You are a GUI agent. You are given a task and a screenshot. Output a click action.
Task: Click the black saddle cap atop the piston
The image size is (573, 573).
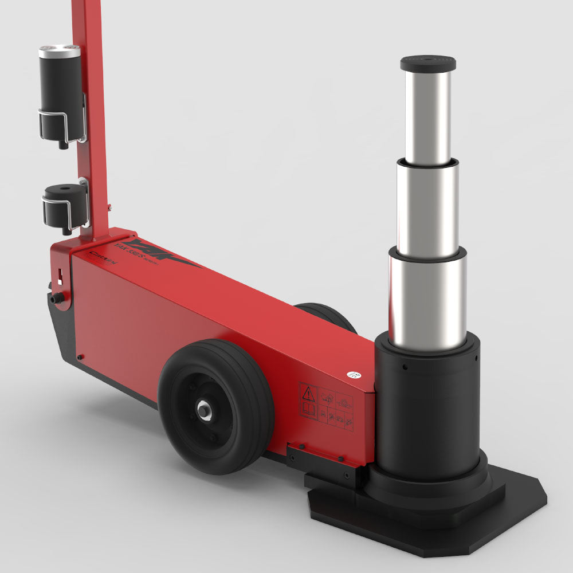pyautogui.click(x=428, y=63)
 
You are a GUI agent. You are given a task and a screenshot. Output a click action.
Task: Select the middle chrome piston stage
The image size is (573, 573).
pyautogui.click(x=428, y=209)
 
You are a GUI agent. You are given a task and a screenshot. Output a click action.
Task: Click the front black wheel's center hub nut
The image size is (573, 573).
pyautogui.click(x=205, y=409)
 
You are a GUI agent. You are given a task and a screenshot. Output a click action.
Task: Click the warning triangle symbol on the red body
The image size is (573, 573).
pyautogui.click(x=309, y=394)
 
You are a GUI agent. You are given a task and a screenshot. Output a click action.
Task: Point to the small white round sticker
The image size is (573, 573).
pyautogui.click(x=353, y=375)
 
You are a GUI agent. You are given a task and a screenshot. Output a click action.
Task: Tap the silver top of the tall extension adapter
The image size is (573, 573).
pyautogui.click(x=60, y=52)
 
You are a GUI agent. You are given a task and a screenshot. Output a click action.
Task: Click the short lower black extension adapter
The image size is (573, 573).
pyautogui.click(x=63, y=203)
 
